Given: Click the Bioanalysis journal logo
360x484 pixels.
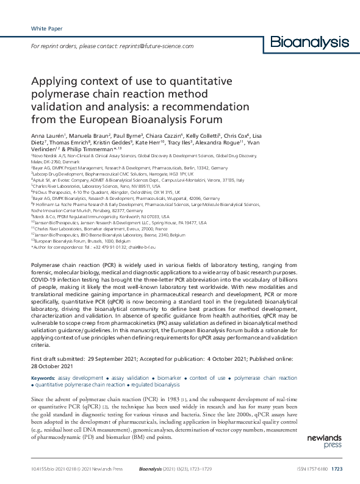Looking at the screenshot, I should [x=309, y=42].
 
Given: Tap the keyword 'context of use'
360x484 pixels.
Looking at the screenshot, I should [x=208, y=378].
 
